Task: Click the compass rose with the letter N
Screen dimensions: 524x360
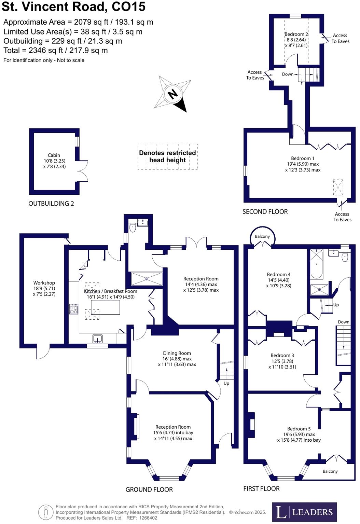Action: coord(172,94)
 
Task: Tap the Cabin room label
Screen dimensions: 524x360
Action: coord(54,161)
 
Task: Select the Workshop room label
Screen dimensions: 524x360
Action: coord(44,288)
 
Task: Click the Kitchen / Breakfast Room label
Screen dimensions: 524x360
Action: coord(111,294)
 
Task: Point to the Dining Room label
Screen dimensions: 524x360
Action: coord(177,359)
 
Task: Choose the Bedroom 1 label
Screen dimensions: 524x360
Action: coord(303,164)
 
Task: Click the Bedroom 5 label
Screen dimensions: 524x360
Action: coord(299,434)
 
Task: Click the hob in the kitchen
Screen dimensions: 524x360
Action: coord(74,309)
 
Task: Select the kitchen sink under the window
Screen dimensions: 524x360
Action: coord(98,339)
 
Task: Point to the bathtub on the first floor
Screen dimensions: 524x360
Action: coord(316,264)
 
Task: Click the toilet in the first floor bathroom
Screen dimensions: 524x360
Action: coord(345,257)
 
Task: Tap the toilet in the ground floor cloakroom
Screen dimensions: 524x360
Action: coord(133,228)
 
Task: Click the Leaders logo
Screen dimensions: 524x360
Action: coord(304,512)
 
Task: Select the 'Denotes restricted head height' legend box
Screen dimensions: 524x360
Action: coord(167,156)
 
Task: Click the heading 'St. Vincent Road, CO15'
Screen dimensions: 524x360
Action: coord(73,7)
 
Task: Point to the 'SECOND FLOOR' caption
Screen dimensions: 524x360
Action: coord(265,211)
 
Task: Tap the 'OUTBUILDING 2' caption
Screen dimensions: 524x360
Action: coord(51,204)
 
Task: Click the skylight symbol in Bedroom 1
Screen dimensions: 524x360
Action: coord(338,187)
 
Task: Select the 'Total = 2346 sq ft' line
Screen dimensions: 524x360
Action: coord(56,51)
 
